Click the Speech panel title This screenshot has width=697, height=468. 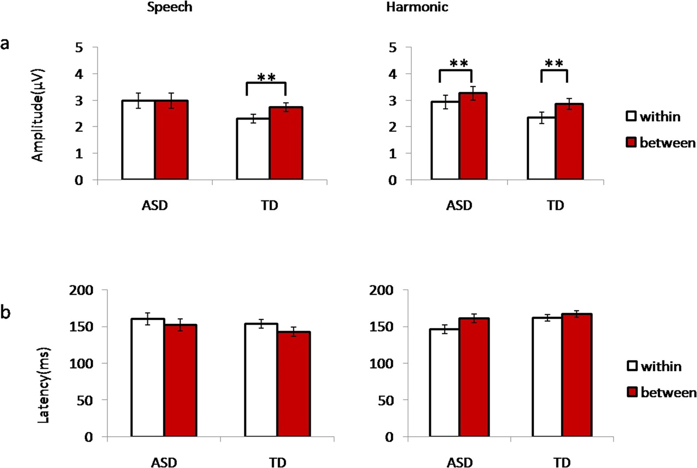(169, 8)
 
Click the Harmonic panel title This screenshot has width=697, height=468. (417, 8)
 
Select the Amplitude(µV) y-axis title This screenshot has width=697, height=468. (38, 115)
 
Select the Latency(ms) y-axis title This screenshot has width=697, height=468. (43, 385)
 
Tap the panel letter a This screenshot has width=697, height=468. (5, 44)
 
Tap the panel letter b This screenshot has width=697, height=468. (5, 313)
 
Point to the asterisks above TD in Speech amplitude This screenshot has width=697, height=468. (266, 78)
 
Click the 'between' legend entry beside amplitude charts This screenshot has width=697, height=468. (661, 143)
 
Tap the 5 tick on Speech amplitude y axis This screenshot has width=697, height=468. (79, 47)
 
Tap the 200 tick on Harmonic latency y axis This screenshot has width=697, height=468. (381, 290)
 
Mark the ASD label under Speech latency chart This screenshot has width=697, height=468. (164, 462)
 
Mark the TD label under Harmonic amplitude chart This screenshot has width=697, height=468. (555, 205)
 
